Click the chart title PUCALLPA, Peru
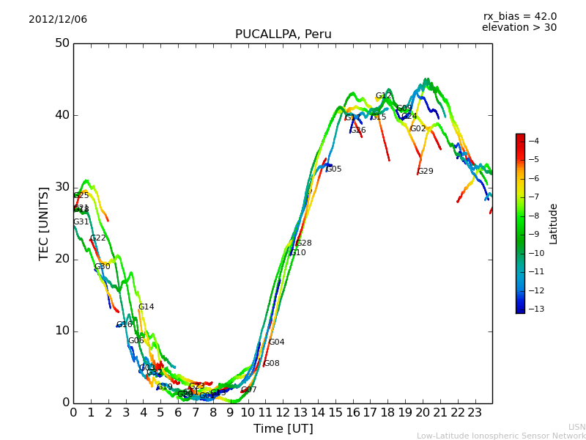[283, 34]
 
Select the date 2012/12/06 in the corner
[58, 19]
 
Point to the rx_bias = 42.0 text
[519, 16]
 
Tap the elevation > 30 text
[519, 28]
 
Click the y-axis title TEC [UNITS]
[44, 223]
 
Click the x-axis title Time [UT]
[283, 429]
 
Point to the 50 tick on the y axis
[62, 43]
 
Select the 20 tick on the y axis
[62, 259]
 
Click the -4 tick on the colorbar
[534, 141]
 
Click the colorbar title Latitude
[554, 224]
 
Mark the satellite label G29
[425, 172]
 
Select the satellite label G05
[334, 169]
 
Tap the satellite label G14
[146, 307]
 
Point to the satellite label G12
[384, 96]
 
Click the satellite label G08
[272, 364]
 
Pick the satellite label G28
[304, 243]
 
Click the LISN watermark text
[576, 427]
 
